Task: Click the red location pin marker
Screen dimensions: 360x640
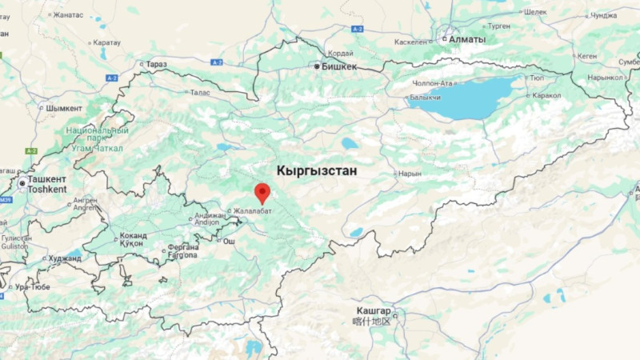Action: (262, 193)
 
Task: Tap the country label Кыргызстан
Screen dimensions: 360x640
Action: (316, 170)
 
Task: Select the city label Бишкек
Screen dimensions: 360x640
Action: (338, 67)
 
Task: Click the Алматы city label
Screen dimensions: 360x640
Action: (466, 39)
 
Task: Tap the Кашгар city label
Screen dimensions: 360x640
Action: (374, 310)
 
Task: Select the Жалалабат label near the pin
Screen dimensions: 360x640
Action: (252, 211)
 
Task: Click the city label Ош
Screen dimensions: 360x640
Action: (229, 241)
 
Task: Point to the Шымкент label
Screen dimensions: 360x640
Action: (64, 108)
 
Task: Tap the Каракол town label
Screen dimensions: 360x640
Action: (546, 96)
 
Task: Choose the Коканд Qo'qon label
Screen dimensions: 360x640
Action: (132, 240)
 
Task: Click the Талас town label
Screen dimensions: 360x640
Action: (200, 94)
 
